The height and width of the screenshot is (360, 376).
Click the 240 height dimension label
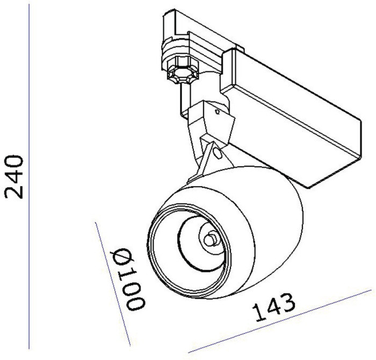(x=15, y=177)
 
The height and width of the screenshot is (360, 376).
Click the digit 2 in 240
(x=15, y=191)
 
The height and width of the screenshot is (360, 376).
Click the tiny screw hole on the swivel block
(x=216, y=113)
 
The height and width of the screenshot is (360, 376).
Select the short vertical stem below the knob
(x=183, y=99)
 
